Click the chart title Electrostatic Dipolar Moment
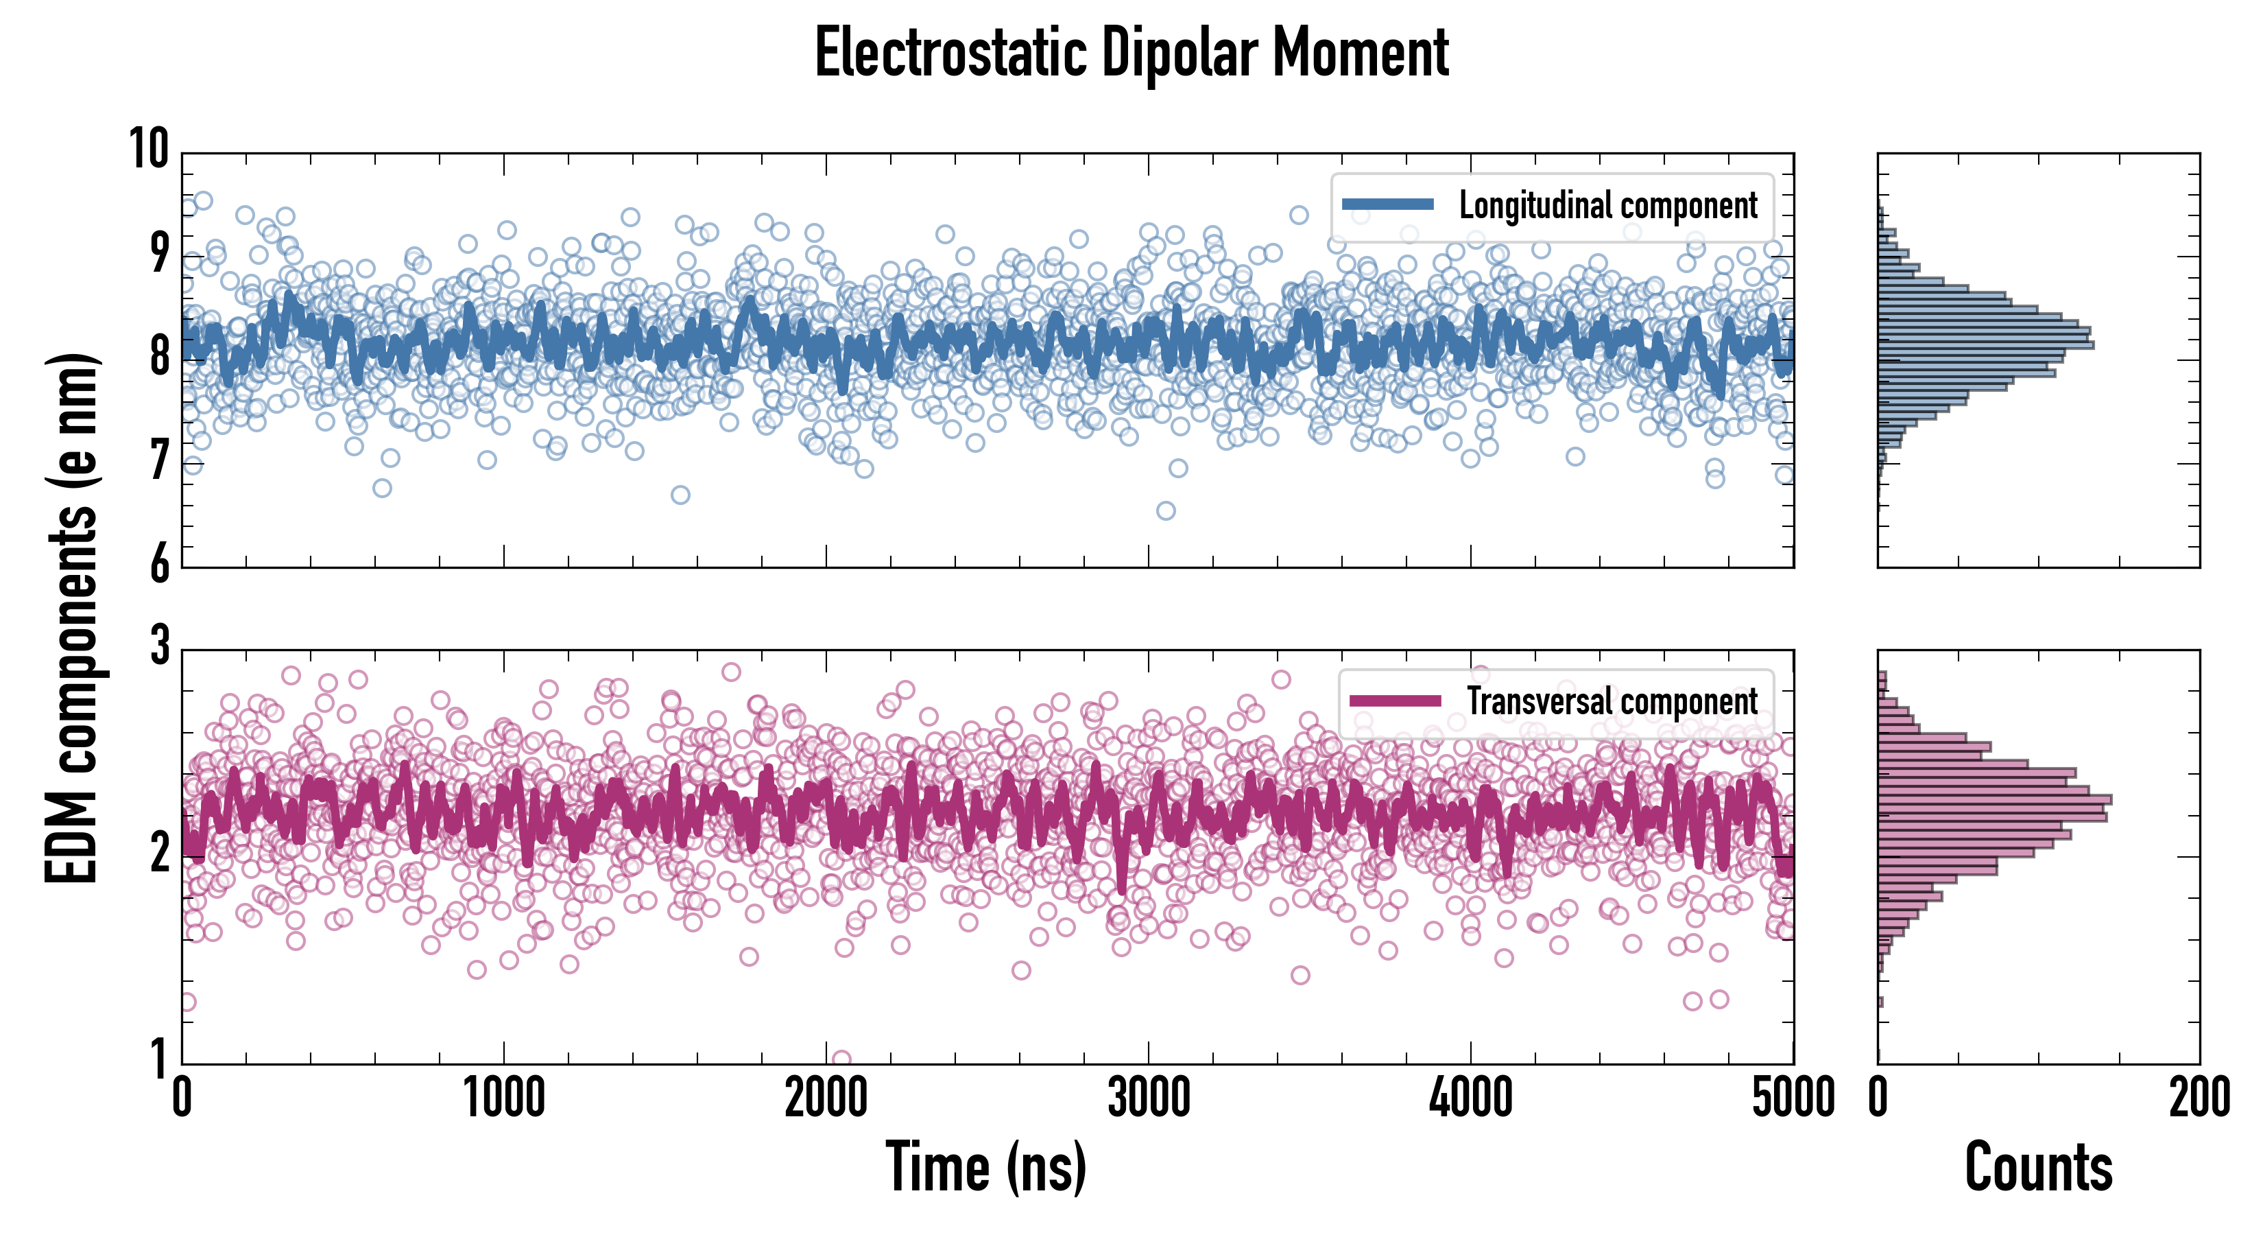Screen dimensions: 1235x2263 (x=1131, y=53)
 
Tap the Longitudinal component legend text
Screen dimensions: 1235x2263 (x=1607, y=206)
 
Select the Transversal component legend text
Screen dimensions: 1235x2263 (x=1612, y=701)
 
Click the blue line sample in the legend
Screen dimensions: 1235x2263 (x=1388, y=205)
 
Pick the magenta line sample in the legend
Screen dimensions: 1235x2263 (x=1395, y=701)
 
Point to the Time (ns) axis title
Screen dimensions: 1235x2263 (x=985, y=1167)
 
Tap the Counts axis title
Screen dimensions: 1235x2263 (x=2038, y=1167)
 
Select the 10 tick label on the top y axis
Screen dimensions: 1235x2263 (x=149, y=150)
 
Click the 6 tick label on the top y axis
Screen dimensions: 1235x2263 (x=160, y=563)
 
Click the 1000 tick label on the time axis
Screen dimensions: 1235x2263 (x=504, y=1098)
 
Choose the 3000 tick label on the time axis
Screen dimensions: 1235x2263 (x=1148, y=1098)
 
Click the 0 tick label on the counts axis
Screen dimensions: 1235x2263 (x=1878, y=1098)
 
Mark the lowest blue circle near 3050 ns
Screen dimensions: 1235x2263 (x=1166, y=510)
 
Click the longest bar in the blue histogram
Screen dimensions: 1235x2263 (x=1985, y=344)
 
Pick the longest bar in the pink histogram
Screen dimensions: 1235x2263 (x=1994, y=800)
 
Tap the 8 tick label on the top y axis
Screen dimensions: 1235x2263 (x=160, y=357)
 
